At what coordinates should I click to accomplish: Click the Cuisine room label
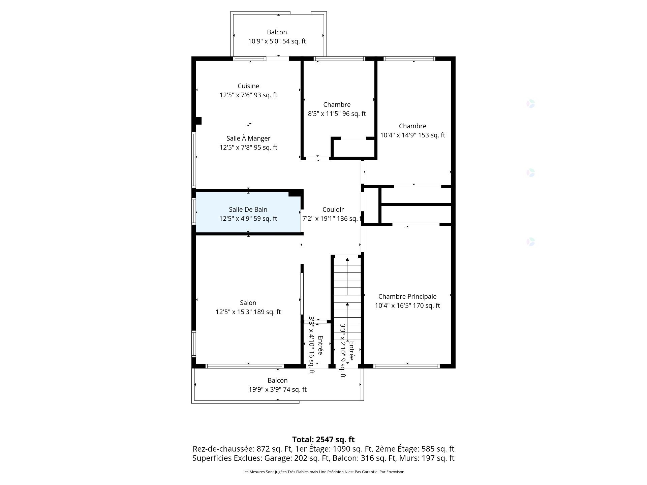(x=248, y=86)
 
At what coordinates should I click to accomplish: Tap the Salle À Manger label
(x=248, y=138)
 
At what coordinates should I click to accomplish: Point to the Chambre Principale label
(x=407, y=297)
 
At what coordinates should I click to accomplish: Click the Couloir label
(x=333, y=209)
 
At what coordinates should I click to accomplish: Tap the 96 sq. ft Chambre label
(x=337, y=105)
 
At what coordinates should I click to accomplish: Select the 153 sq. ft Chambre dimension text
(x=412, y=135)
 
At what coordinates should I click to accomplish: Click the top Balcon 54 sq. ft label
(x=277, y=32)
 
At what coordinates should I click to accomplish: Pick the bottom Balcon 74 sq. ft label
(x=277, y=381)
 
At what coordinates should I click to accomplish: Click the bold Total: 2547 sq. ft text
(x=323, y=440)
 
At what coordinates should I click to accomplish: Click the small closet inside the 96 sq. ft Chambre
(x=353, y=148)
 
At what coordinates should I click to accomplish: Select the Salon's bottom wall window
(x=244, y=366)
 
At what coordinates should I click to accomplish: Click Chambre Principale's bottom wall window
(x=406, y=366)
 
